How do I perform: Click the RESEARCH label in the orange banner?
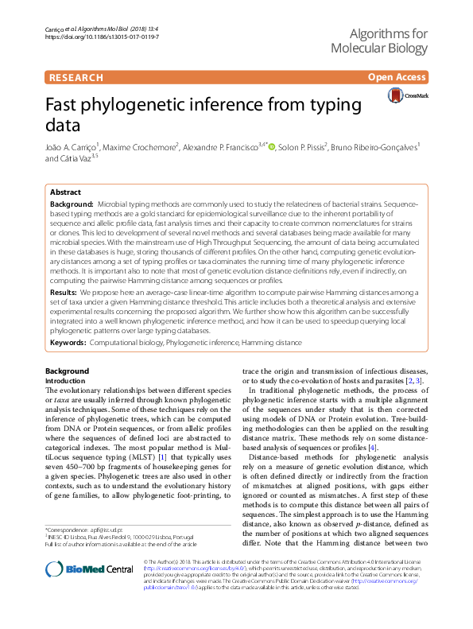[76, 77]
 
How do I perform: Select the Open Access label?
[397, 77]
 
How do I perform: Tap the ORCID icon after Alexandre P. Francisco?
[271, 147]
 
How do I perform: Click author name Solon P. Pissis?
[303, 147]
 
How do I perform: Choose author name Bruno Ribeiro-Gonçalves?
[382, 147]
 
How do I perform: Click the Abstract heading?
[64, 192]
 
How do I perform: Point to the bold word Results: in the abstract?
[64, 293]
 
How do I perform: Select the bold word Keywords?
[68, 343]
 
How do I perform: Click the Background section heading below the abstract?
[67, 371]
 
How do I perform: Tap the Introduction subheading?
[66, 381]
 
